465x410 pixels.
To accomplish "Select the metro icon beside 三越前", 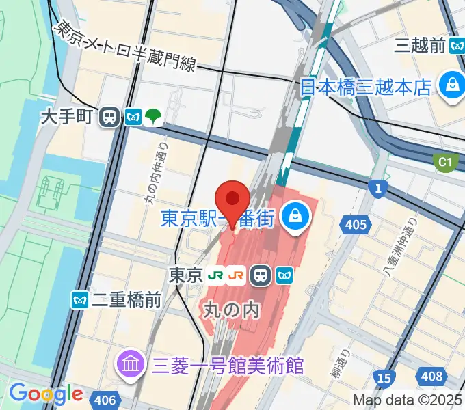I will (457, 46).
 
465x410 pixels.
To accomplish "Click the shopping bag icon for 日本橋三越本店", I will (452, 87).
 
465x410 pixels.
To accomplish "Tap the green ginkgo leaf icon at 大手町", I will (153, 118).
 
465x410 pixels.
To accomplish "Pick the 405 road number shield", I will (356, 223).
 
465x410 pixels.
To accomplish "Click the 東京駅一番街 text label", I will (217, 219).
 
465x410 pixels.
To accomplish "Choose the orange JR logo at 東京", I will (237, 275).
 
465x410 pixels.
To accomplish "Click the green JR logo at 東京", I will (217, 275).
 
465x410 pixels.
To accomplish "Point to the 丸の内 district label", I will (232, 310).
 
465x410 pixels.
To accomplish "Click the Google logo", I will (46, 394).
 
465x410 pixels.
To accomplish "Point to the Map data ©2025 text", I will (408, 400).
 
